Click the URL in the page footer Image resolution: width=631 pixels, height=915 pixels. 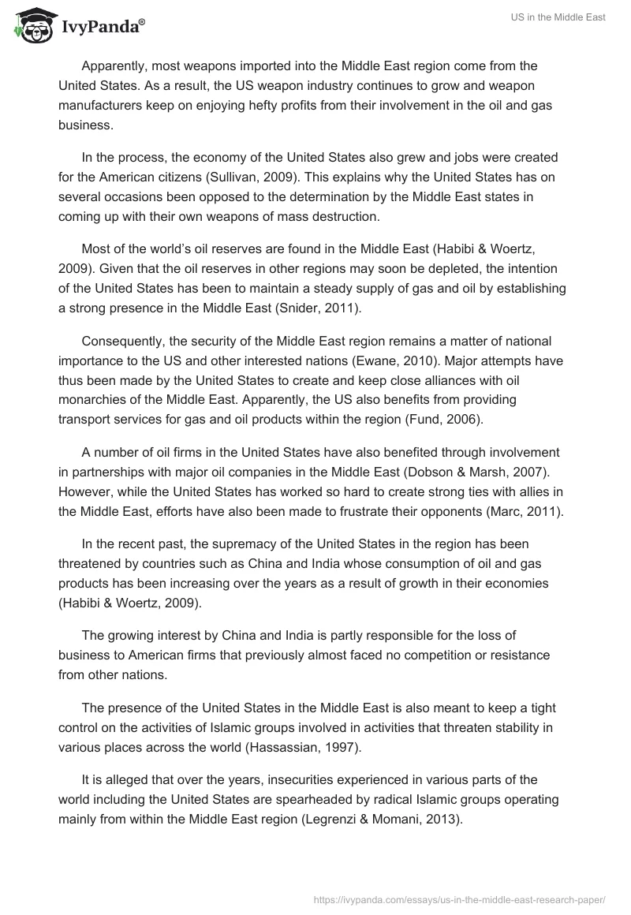click(x=459, y=899)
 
